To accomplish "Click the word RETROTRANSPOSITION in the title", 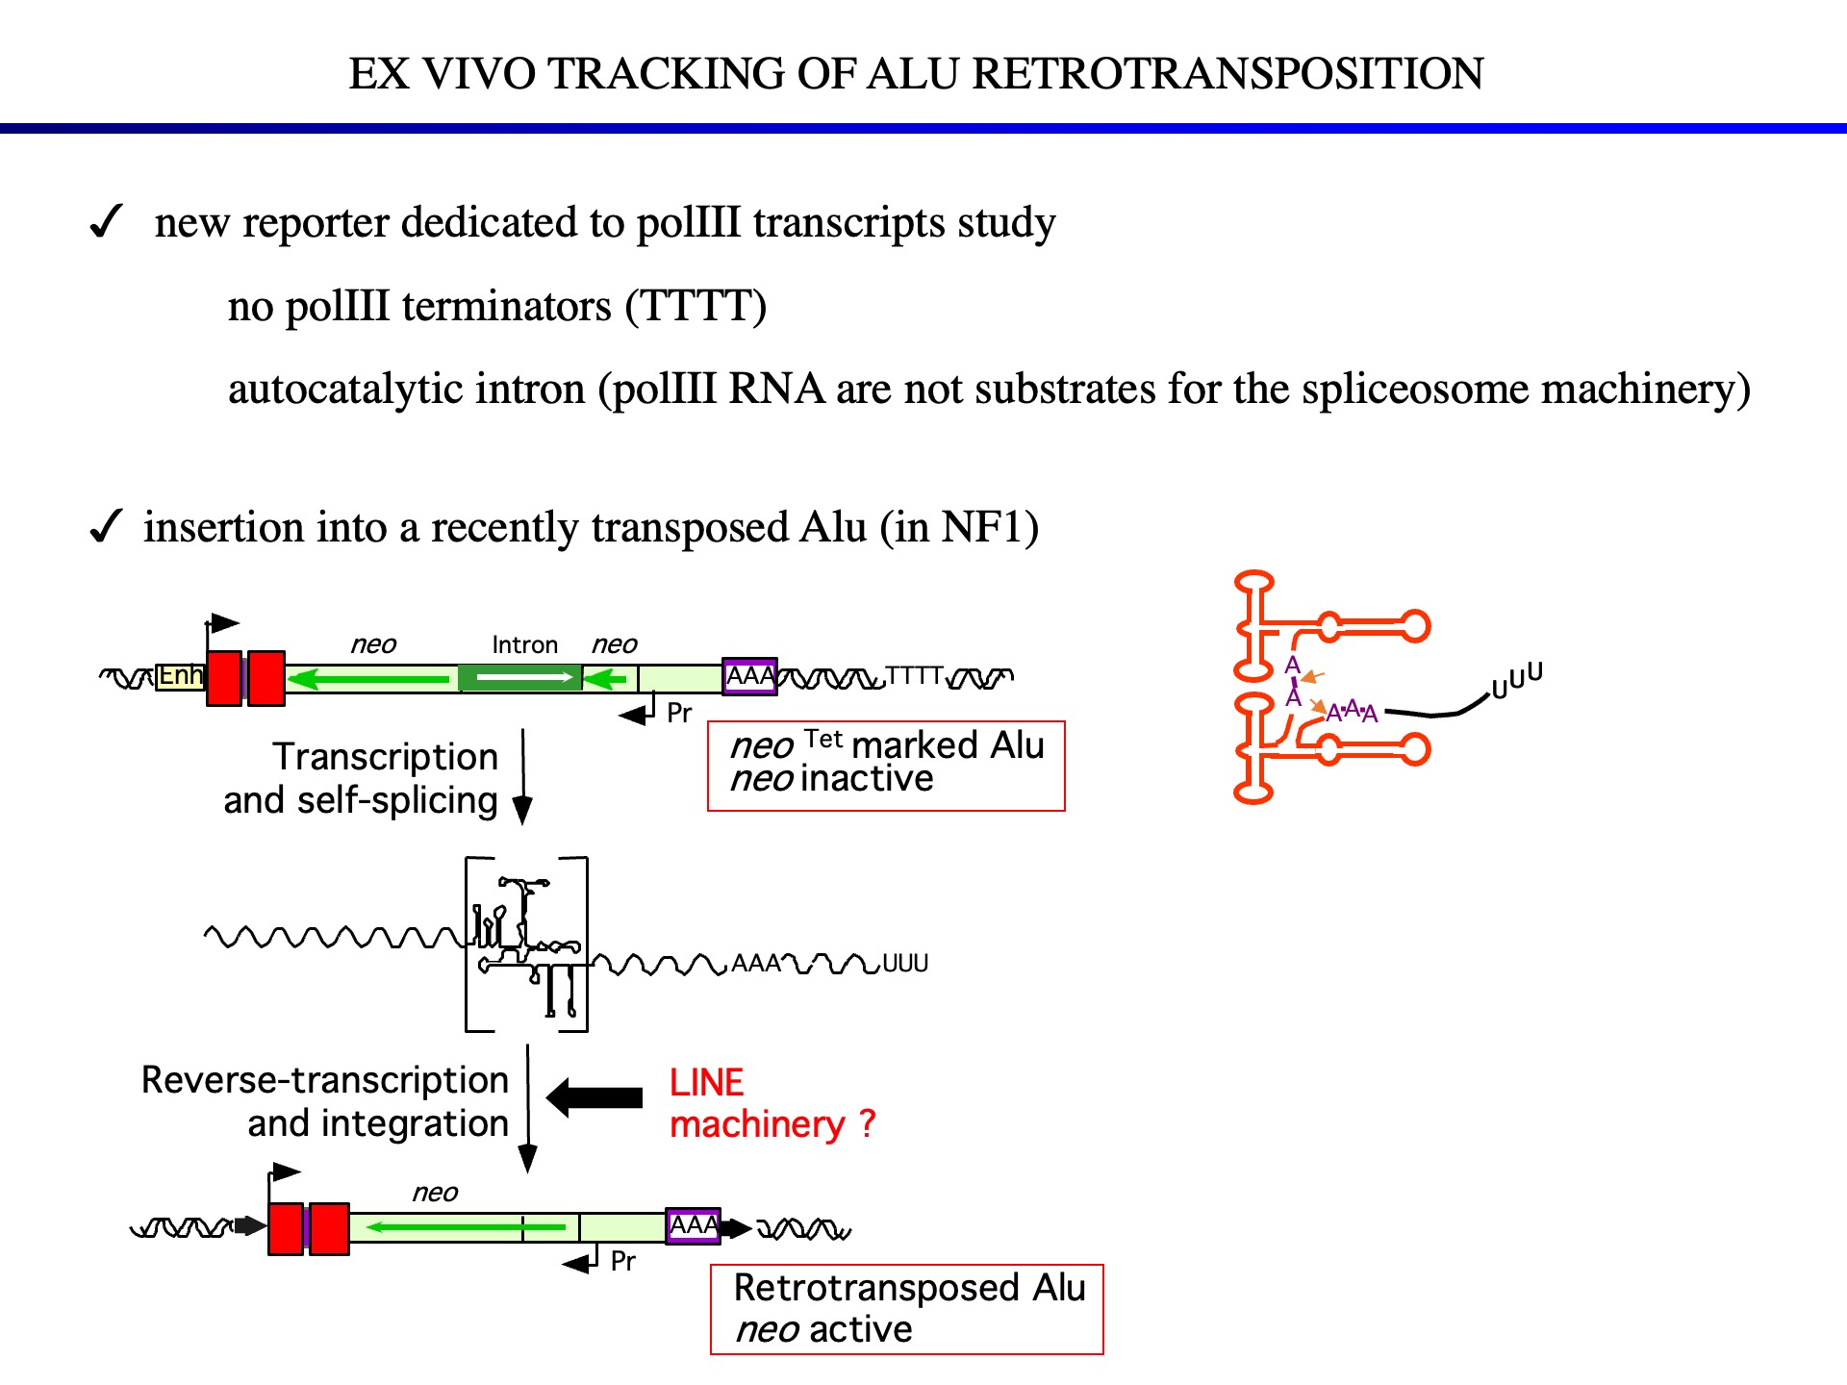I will (x=1227, y=74).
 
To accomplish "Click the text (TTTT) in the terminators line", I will (x=696, y=307).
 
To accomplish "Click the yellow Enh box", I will (x=181, y=676).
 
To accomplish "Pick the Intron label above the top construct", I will (x=524, y=644).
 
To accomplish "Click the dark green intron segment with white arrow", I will (x=520, y=678).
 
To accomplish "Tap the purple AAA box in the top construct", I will (x=749, y=676).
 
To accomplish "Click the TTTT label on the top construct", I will (x=913, y=675).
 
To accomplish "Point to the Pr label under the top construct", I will (x=679, y=713).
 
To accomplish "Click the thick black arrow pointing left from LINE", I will (x=595, y=1097).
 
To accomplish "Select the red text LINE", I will (x=706, y=1083).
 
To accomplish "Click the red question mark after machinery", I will (x=867, y=1123).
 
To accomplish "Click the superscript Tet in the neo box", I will (x=823, y=739).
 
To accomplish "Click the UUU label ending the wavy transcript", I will (x=904, y=964).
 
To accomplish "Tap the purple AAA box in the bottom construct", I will (x=694, y=1226).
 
